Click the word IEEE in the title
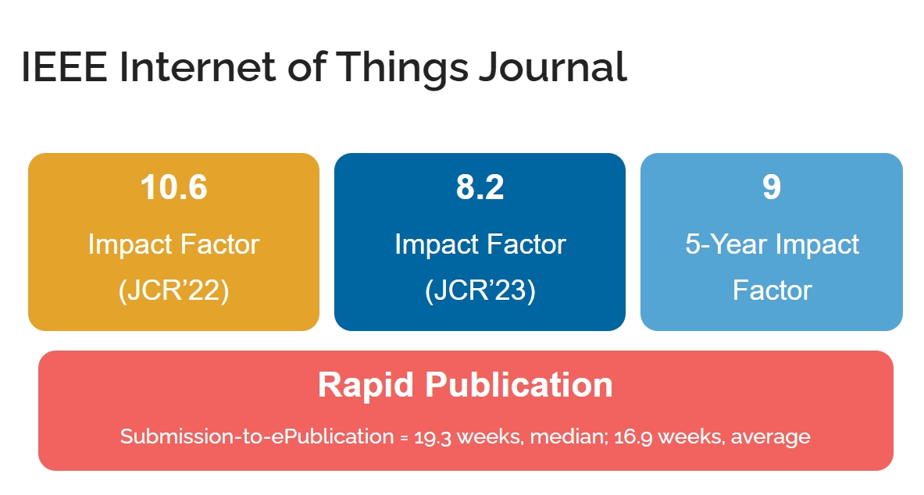64,66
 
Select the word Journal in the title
553,66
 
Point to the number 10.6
174,187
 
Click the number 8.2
480,187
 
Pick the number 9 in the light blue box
772,187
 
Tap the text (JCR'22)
174,290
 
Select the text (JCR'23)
480,290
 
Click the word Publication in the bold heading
519,385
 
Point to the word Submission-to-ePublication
257,436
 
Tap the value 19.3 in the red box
433,437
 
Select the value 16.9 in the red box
633,437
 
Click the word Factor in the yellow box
219,244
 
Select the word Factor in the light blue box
772,290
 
